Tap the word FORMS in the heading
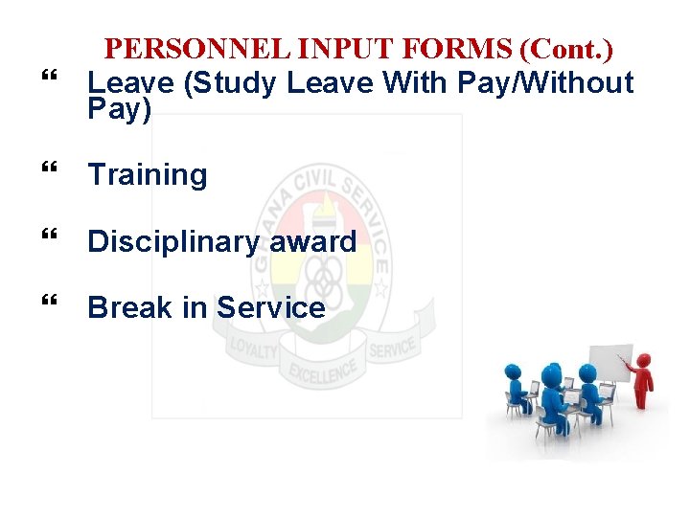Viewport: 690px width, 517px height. coord(436,49)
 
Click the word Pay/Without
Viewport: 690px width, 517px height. coord(545,83)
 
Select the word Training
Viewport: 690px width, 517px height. coord(147,175)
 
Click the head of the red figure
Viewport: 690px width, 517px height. coord(643,361)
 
